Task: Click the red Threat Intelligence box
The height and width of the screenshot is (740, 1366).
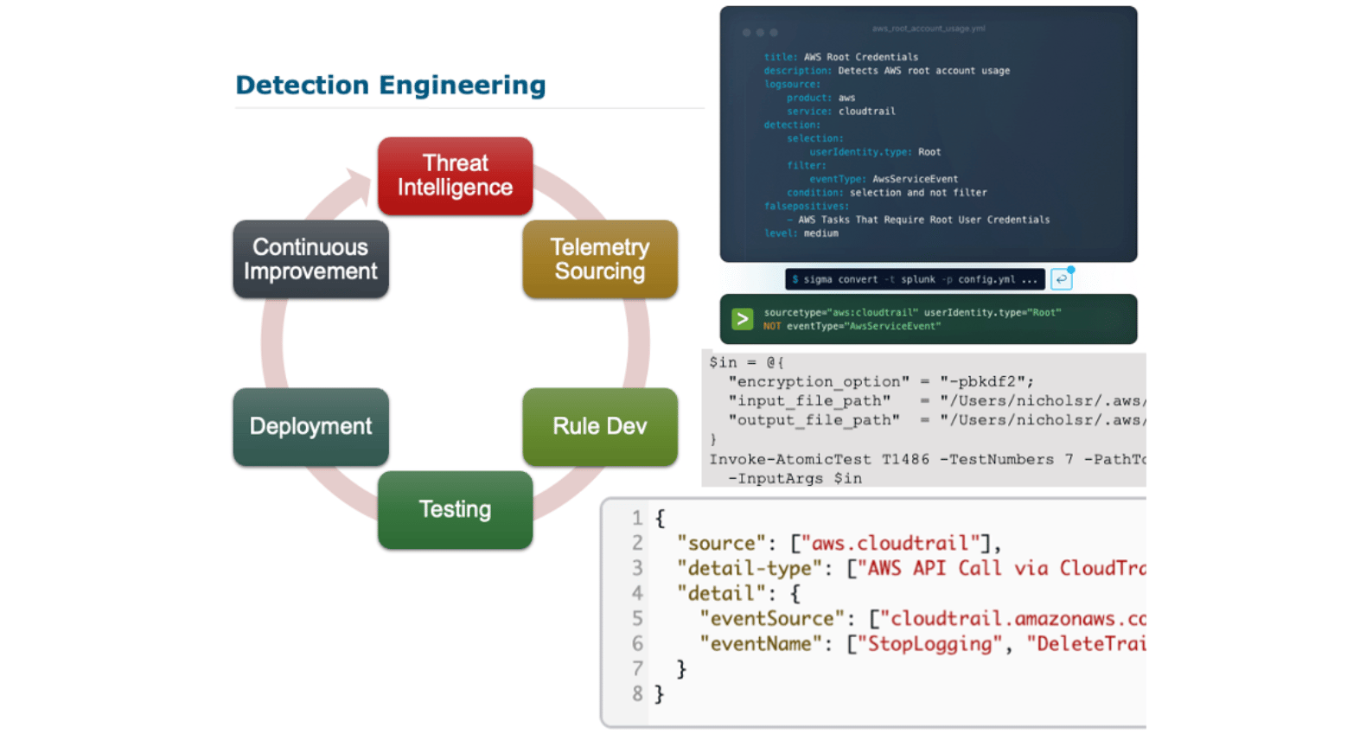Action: click(455, 175)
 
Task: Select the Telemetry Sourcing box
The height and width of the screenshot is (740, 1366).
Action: click(599, 259)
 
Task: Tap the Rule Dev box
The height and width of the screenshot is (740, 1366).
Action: click(599, 426)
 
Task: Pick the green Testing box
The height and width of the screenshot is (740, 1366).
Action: click(455, 509)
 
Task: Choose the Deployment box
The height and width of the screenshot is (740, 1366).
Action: click(310, 426)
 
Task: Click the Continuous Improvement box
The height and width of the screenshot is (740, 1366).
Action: click(310, 259)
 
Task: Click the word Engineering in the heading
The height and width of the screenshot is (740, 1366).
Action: click(463, 85)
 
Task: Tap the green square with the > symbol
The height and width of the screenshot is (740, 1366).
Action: click(742, 319)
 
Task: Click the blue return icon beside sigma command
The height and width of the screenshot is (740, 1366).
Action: click(1061, 279)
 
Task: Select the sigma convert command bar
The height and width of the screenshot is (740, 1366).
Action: click(914, 279)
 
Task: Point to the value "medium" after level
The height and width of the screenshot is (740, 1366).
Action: click(820, 233)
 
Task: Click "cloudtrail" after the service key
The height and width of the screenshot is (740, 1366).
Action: click(866, 112)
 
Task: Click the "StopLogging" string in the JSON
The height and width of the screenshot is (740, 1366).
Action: click(929, 644)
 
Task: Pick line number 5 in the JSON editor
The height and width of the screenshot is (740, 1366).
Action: click(637, 619)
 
